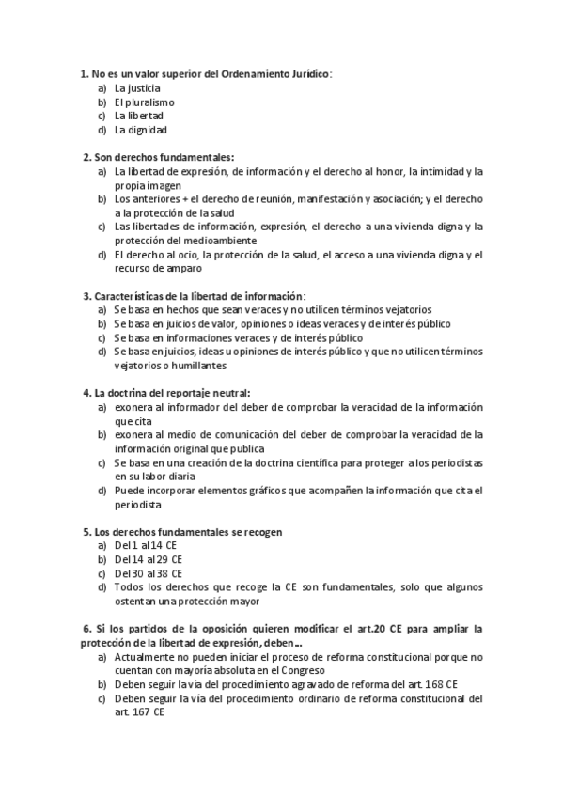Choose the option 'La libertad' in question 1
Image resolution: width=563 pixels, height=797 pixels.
pos(139,116)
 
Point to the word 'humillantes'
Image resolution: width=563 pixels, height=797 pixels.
pos(200,365)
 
